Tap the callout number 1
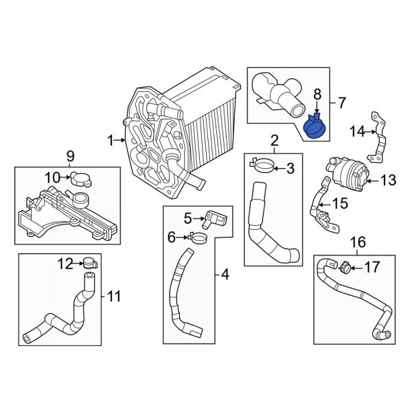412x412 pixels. pos(111,141)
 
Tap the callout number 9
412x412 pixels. pos(70,155)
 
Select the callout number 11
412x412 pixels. pos(115,297)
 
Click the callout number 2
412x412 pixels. pos(274,142)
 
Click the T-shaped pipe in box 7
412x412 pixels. pos(279,92)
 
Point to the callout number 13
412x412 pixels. pos(389,181)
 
